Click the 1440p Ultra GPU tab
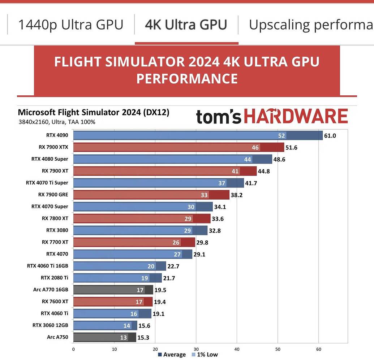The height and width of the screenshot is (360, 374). pyautogui.click(x=70, y=25)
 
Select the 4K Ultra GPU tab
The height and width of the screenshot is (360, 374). pyautogui.click(x=186, y=25)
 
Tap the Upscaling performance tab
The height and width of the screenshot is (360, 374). pyautogui.click(x=311, y=25)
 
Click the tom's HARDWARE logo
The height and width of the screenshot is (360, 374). pyautogui.click(x=272, y=117)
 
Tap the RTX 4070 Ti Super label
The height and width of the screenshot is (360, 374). pyautogui.click(x=47, y=183)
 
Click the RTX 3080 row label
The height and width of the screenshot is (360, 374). pyautogui.click(x=57, y=230)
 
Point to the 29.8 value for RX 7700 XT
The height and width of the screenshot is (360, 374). pyautogui.click(x=202, y=243)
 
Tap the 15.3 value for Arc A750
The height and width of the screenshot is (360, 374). pyautogui.click(x=143, y=338)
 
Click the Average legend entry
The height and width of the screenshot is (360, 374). pyautogui.click(x=172, y=355)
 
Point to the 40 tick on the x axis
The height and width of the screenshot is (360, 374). pyautogui.click(x=237, y=349)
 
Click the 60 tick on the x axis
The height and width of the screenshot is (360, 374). pyautogui.click(x=318, y=349)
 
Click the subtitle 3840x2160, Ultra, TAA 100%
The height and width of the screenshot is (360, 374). pyautogui.click(x=57, y=122)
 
